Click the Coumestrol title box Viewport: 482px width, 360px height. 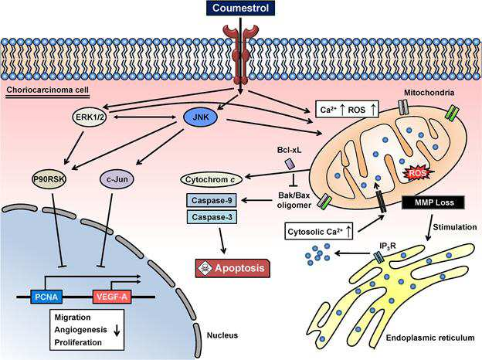pos(240,8)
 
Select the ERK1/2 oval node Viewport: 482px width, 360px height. pos(90,117)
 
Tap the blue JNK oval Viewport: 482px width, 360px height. pos(200,117)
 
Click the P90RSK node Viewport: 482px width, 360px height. pos(49,179)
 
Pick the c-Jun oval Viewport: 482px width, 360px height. pos(117,179)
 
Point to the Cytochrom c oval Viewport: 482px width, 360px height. pos(211,179)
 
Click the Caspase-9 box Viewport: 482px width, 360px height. pos(212,201)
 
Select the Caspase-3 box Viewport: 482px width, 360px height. pos(212,217)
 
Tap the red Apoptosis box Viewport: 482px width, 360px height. pos(233,268)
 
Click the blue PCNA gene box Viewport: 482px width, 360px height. pos(46,297)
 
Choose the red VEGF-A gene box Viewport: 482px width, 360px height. pos(112,297)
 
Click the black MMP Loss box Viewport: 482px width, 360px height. pos(434,202)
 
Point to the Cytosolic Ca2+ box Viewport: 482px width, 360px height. pos(319,232)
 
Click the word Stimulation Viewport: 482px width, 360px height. pos(455,227)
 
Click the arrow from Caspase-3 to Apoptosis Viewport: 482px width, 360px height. pos(223,241)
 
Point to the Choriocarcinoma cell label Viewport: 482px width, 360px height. pos(48,90)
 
